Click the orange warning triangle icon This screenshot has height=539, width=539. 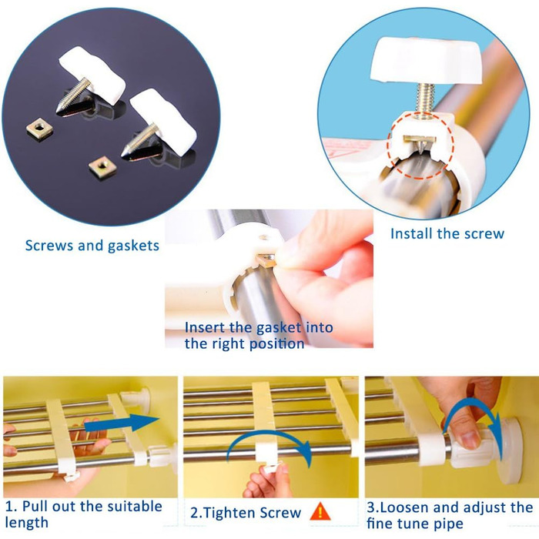click(320, 511)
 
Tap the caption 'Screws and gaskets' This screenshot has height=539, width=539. click(92, 246)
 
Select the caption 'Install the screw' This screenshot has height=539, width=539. click(447, 234)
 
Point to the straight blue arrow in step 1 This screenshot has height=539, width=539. click(122, 423)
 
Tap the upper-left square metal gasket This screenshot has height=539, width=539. click(39, 129)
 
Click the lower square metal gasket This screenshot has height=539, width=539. click(102, 167)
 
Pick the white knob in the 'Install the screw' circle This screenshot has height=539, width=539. click(427, 62)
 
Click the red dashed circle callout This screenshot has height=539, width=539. click(420, 146)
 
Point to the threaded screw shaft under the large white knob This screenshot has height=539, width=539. click(425, 100)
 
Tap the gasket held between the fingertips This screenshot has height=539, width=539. click(266, 260)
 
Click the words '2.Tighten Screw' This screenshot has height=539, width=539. click(246, 513)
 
